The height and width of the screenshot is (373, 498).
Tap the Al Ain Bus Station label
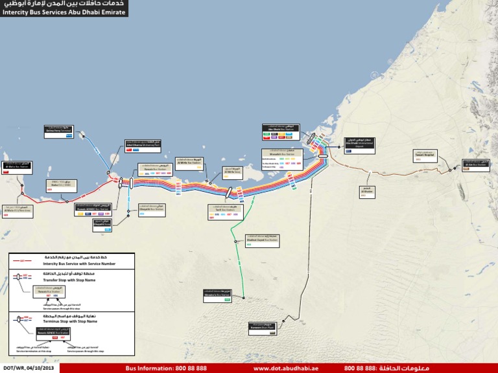pos(475,164)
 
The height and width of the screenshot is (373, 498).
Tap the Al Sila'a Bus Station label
pos(16,166)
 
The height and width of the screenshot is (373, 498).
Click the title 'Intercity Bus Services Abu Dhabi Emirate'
pos(64,12)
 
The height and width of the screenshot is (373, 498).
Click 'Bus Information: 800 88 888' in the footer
pos(166,368)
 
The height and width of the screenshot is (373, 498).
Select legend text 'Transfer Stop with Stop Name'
pos(71,280)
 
